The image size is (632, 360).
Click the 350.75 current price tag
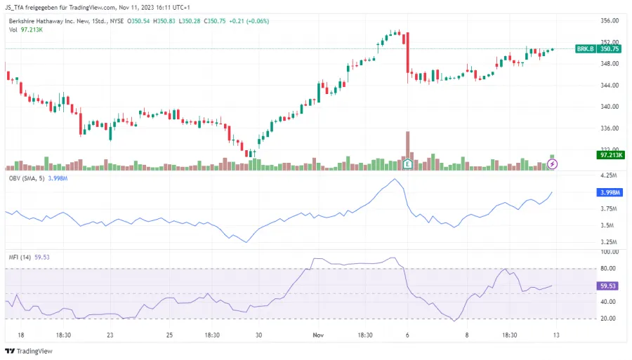click(608, 49)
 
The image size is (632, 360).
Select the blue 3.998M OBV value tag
click(608, 192)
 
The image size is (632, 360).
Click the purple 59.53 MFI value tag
click(608, 286)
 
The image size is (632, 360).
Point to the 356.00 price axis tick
click(610, 20)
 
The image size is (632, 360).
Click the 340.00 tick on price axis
click(610, 107)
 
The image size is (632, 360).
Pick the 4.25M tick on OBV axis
click(608, 175)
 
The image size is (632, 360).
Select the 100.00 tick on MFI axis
click(609, 251)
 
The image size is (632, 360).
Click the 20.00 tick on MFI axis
click(608, 319)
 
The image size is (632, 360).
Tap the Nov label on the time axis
click(318, 335)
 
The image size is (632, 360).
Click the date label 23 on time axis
click(110, 335)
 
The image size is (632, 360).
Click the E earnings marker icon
click(407, 164)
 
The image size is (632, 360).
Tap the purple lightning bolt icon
click(553, 164)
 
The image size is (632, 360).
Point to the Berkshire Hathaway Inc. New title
click(49, 21)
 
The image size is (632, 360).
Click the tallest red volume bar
click(407, 145)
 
